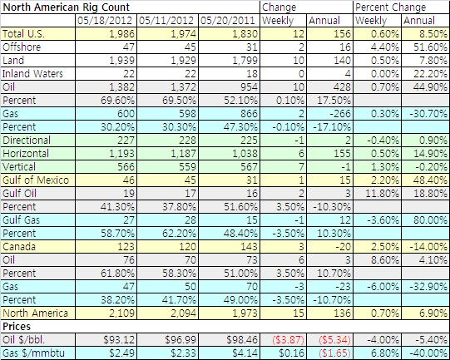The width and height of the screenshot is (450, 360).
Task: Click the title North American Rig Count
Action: pyautogui.click(x=66, y=7)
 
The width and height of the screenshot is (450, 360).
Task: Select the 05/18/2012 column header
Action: pyautogui.click(x=105, y=20)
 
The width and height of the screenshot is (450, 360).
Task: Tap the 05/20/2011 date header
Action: pyautogui.click(x=228, y=20)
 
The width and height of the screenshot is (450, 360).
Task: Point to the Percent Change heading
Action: pyautogui.click(x=391, y=7)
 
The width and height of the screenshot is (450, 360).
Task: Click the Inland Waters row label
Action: pyautogui.click(x=32, y=74)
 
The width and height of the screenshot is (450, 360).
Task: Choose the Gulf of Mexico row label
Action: pyautogui.click(x=36, y=180)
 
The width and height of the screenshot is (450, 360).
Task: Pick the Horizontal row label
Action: pyautogui.click(x=26, y=154)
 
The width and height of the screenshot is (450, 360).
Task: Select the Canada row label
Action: pyautogui.click(x=19, y=247)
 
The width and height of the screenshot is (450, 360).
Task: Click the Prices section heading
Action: pyautogui.click(x=17, y=327)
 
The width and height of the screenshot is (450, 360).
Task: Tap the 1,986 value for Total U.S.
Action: pyautogui.click(x=121, y=34)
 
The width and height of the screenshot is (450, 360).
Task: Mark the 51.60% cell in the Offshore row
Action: pyautogui.click(x=430, y=47)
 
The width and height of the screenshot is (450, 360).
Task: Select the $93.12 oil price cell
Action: pyautogui.click(x=118, y=340)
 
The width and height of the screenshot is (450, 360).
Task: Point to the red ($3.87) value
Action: pyautogui.click(x=288, y=340)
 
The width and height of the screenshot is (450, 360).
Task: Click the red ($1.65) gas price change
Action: pyautogui.click(x=334, y=353)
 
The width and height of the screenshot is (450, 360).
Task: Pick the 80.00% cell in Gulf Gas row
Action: pyautogui.click(x=430, y=220)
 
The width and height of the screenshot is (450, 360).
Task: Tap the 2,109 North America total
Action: pyautogui.click(x=121, y=313)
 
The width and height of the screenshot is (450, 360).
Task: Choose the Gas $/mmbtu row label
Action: pyautogui.click(x=33, y=353)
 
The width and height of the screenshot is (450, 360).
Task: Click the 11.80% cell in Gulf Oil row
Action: pyautogui.click(x=382, y=194)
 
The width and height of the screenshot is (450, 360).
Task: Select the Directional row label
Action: pyautogui.click(x=27, y=141)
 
